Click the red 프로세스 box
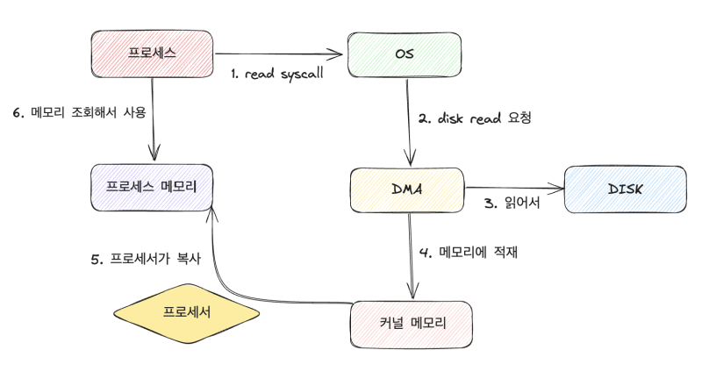pyautogui.click(x=153, y=53)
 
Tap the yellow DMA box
pyautogui.click(x=405, y=188)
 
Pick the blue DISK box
pyautogui.click(x=624, y=189)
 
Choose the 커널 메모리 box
pyautogui.click(x=412, y=323)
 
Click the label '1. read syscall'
pyautogui.click(x=277, y=74)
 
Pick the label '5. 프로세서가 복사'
pyautogui.click(x=146, y=259)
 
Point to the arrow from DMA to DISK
pyautogui.click(x=513, y=187)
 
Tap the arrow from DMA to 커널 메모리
pyautogui.click(x=410, y=254)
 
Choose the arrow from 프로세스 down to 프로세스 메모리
pyautogui.click(x=154, y=118)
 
